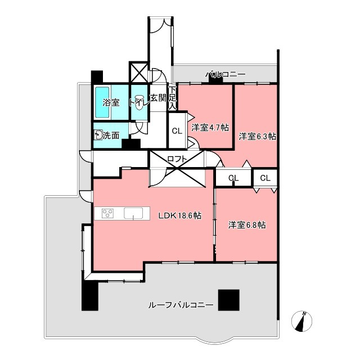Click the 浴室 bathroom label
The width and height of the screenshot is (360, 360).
point(111,102)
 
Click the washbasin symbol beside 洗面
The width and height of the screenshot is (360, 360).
point(99,135)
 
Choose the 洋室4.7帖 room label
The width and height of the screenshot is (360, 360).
point(210,128)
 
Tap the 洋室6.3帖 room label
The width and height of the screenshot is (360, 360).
point(257,137)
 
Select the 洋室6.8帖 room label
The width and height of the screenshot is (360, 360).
point(247,225)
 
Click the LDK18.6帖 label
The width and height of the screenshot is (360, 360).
point(180,215)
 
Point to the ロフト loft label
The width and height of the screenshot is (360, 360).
point(177,159)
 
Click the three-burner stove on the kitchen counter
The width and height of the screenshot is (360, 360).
point(107,213)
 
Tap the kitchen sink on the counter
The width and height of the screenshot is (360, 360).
point(133,213)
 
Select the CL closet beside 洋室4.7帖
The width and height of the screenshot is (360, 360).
point(177,131)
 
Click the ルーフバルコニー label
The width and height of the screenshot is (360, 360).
point(181,305)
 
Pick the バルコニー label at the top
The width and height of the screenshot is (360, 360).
point(225,74)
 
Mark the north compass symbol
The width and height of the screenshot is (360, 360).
point(301,321)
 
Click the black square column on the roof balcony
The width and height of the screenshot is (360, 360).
point(229,300)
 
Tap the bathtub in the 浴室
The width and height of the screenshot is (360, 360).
point(102,102)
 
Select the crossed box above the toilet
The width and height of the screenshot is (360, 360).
point(139,72)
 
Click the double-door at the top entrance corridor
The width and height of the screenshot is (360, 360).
point(160,26)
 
